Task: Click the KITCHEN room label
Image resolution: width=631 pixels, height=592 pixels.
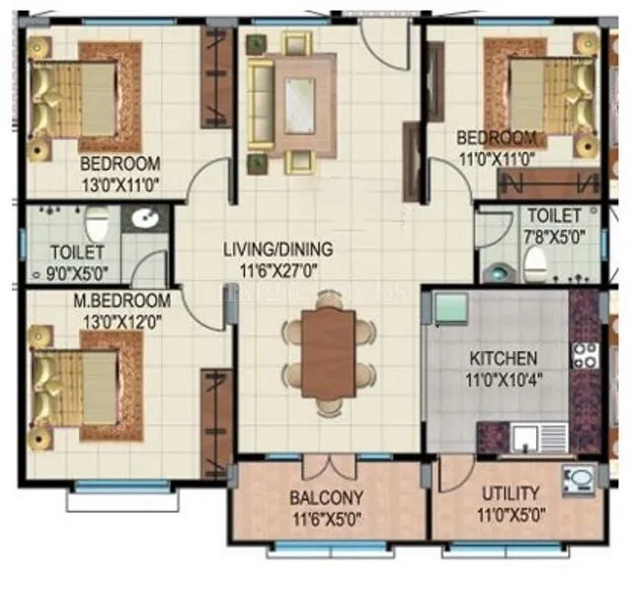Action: coord(503,358)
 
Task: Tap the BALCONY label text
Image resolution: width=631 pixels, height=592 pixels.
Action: coord(326,496)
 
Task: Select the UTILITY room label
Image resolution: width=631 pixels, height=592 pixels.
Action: coord(510,492)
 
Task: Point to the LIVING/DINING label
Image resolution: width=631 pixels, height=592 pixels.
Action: coord(277,249)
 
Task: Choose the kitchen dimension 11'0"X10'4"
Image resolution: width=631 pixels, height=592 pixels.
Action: coord(503,377)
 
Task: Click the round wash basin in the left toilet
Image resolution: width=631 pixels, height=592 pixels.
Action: coord(149,220)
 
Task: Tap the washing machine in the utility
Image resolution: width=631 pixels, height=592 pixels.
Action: coord(577,481)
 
